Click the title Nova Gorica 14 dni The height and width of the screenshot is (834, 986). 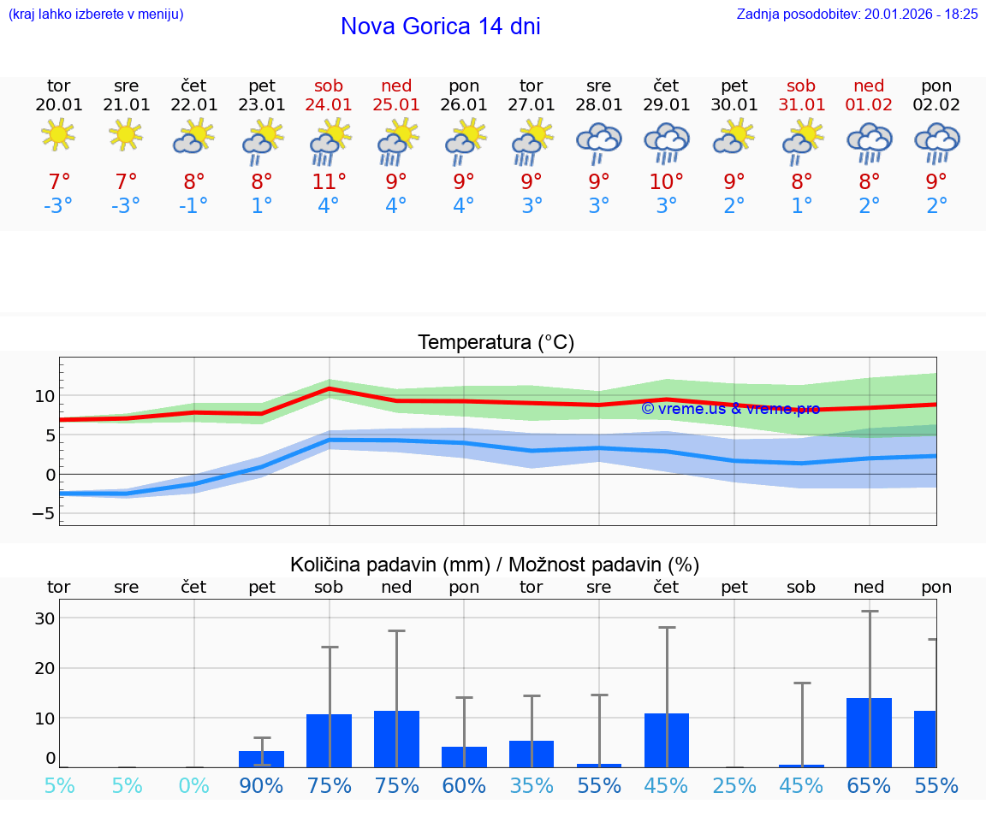[440, 27]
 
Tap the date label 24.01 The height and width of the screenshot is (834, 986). [329, 104]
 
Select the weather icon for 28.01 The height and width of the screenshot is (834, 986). [598, 140]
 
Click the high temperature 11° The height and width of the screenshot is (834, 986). [329, 182]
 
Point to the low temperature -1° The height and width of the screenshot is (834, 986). [193, 206]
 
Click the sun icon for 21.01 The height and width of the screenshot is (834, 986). [126, 134]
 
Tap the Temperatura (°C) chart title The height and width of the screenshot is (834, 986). [496, 343]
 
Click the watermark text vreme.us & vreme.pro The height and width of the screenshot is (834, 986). [730, 409]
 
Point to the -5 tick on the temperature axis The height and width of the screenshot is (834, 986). [44, 513]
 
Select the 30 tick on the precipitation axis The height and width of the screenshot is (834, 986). [45, 618]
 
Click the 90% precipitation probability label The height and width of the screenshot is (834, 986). [261, 786]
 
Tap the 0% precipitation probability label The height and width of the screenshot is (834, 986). [194, 786]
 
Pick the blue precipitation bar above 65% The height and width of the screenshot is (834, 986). [869, 733]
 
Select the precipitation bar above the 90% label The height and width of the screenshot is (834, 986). [261, 759]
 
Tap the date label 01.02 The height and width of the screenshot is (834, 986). [869, 104]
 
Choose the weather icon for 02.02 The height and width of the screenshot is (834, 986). [936, 140]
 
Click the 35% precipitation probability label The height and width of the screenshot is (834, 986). [532, 786]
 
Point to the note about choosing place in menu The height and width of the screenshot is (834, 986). [96, 14]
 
